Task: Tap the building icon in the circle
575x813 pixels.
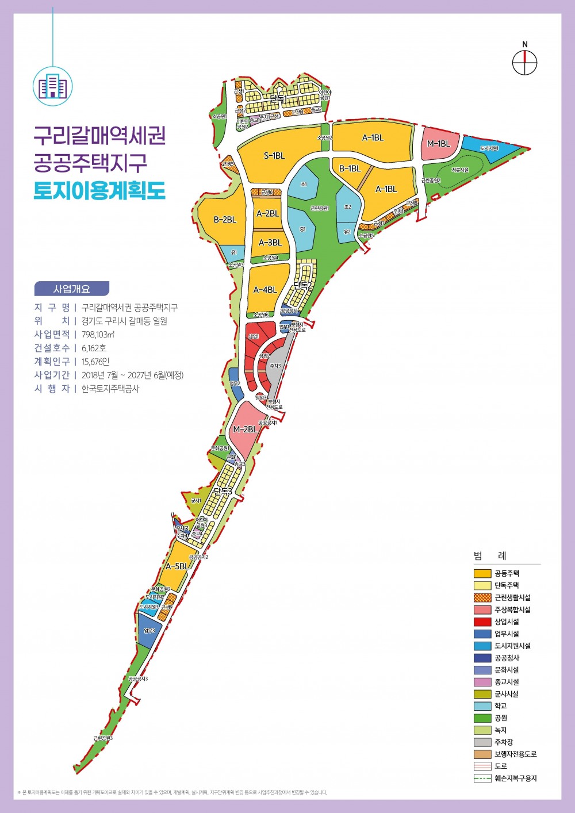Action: [x=52, y=87]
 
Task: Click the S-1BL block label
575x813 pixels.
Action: [x=274, y=156]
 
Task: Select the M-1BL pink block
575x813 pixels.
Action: [x=439, y=144]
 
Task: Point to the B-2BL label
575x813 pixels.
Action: [x=225, y=220]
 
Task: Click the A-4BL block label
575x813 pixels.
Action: [x=265, y=290]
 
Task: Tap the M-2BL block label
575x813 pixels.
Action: [x=245, y=429]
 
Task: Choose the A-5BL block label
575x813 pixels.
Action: [x=177, y=566]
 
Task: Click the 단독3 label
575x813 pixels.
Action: [x=222, y=491]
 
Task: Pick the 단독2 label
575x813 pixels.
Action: [x=302, y=285]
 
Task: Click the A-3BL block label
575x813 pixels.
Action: [x=270, y=243]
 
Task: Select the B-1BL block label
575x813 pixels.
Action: [x=350, y=168]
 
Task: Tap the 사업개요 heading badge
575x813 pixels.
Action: [x=71, y=289]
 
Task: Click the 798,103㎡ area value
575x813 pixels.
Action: [x=98, y=335]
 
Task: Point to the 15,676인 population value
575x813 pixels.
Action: [x=95, y=362]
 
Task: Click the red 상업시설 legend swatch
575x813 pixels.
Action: [x=482, y=622]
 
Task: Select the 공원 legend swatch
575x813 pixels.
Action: [x=482, y=718]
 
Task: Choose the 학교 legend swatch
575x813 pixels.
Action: [x=482, y=706]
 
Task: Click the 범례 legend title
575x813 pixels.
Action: [x=490, y=556]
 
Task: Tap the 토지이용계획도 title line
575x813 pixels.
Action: [x=99, y=190]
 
